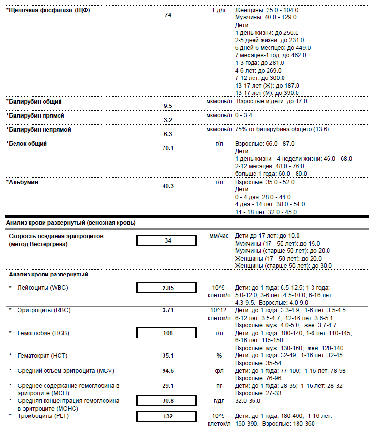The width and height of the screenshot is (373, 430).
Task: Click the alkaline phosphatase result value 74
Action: [x=168, y=15]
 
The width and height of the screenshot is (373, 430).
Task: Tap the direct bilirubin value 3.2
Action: [x=168, y=120]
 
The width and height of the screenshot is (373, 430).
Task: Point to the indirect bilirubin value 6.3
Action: [x=168, y=134]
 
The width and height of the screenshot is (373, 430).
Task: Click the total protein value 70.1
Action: [x=168, y=148]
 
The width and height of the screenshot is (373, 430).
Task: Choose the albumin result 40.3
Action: [x=168, y=186]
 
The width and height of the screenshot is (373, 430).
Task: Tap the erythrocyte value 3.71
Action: [x=168, y=310]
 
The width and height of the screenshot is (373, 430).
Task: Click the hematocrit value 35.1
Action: [x=168, y=355]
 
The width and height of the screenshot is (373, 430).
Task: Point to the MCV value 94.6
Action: [x=168, y=371]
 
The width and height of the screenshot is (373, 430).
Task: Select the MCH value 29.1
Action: [x=168, y=385]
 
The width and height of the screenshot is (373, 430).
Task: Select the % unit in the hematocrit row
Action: [x=219, y=355]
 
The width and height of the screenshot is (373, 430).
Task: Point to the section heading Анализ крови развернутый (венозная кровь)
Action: [x=71, y=223]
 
